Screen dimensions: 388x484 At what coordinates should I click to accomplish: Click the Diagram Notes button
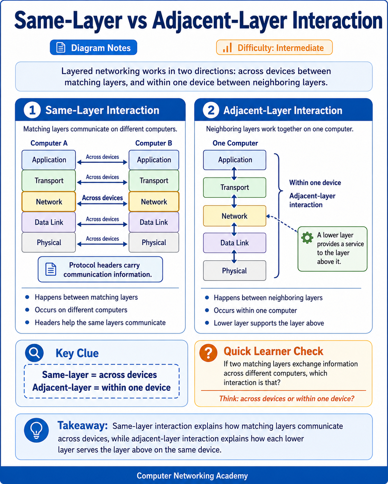[x=93, y=47]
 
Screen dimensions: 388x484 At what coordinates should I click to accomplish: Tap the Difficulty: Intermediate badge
[x=274, y=47]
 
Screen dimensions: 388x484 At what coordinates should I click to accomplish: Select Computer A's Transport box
[x=49, y=181]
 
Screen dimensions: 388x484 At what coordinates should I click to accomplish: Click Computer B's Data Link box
[x=154, y=222]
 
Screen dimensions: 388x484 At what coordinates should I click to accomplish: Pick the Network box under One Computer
[x=234, y=216]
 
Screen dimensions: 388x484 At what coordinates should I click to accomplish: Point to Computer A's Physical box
[x=49, y=242]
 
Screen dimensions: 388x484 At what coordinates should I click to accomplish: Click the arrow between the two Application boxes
[x=102, y=162]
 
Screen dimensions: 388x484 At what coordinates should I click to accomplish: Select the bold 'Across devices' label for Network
[x=102, y=198]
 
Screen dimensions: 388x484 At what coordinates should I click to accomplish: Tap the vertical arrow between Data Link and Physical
[x=234, y=256]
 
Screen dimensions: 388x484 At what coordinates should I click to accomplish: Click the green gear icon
[x=307, y=238]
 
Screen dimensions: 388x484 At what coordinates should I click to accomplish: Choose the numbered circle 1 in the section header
[x=32, y=110]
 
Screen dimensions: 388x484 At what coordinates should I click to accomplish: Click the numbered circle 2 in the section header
[x=211, y=110]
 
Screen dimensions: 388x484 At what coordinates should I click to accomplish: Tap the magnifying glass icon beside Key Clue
[x=34, y=353]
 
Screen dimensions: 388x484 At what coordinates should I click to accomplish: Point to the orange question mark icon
[x=209, y=353]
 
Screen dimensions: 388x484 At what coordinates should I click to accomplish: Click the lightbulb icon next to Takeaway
[x=36, y=430]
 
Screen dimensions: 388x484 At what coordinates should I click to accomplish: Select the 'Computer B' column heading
[x=154, y=143]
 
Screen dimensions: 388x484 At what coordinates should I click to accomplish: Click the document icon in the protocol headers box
[x=51, y=269]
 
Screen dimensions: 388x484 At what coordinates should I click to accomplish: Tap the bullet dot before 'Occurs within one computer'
[x=207, y=310]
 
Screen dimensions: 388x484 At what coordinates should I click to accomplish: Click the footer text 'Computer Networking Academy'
[x=192, y=476]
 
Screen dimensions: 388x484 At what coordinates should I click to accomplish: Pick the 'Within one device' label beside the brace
[x=315, y=183]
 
